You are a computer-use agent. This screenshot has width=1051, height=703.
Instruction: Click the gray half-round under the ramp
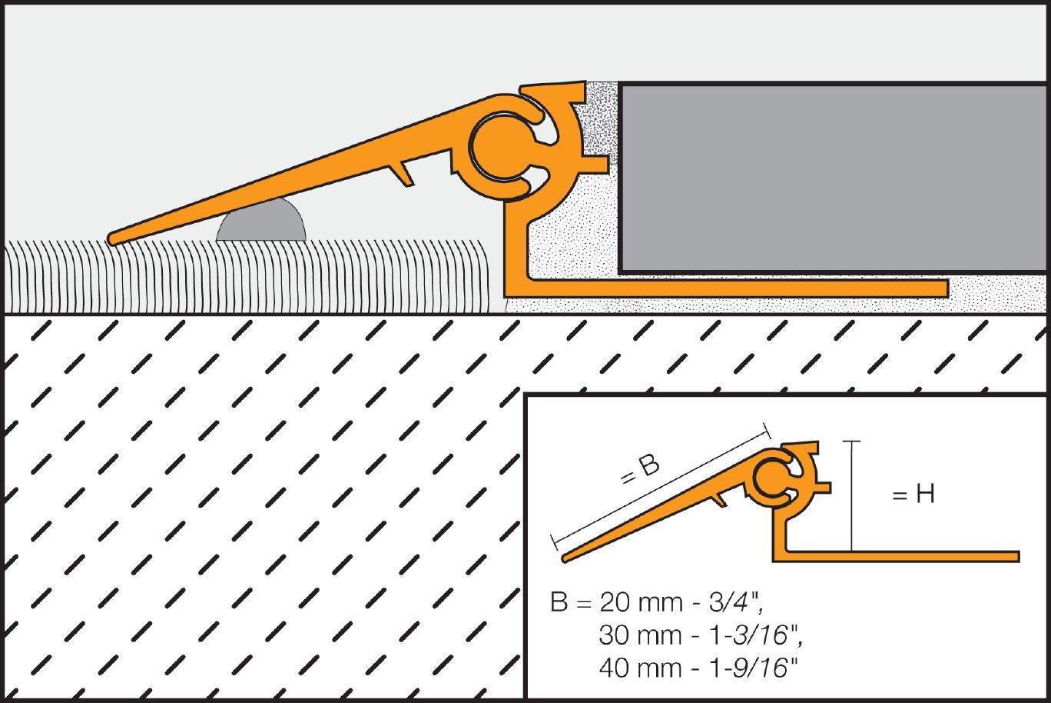(261, 223)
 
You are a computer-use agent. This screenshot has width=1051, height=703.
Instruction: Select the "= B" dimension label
(639, 470)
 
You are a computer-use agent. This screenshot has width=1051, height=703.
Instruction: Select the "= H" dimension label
(913, 495)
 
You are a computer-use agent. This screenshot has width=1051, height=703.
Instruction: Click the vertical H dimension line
(851, 496)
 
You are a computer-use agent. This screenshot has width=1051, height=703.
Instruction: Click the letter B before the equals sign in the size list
(559, 602)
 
